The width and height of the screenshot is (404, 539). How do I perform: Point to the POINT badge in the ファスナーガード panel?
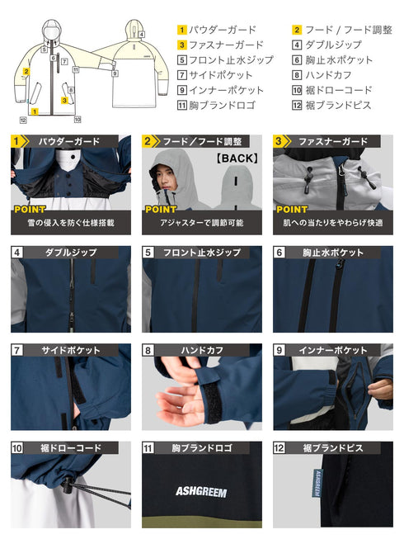tap(291, 210)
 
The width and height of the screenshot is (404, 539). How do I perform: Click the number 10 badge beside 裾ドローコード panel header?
tap(17, 449)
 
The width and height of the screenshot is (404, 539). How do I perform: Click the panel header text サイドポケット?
tap(73, 351)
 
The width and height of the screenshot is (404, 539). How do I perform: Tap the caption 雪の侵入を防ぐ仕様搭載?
tap(70, 224)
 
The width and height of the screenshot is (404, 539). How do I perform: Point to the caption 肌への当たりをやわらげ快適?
tap(332, 224)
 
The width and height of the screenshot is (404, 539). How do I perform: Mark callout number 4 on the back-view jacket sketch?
tap(141, 34)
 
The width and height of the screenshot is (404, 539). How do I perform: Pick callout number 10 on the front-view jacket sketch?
tap(22, 120)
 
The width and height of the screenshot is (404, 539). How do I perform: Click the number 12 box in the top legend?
tap(297, 105)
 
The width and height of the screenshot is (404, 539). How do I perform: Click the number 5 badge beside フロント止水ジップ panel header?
tap(148, 253)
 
